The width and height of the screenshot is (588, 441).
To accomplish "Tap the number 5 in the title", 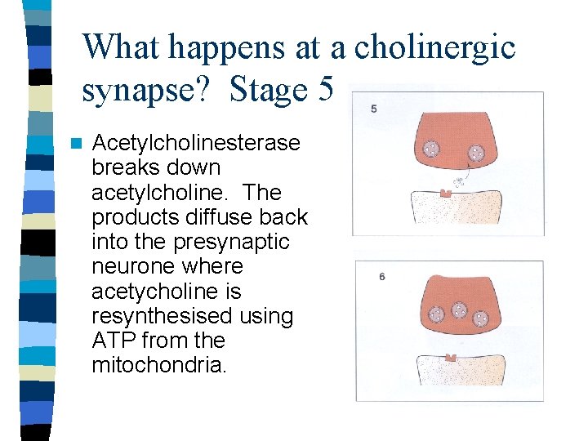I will [323, 89].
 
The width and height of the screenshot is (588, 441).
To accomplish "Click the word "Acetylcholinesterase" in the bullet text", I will [196, 143].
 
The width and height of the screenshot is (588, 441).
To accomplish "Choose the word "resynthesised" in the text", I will [163, 315].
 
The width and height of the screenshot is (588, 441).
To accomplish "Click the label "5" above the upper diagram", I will [373, 109].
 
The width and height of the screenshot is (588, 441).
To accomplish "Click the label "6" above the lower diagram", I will [382, 277].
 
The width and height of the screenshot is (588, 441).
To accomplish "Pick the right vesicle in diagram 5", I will [475, 152].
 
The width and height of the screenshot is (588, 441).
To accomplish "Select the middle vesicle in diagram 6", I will [459, 310].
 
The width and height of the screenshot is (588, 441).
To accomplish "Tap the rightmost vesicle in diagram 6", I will [483, 317].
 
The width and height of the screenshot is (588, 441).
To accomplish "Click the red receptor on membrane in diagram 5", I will [446, 194].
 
